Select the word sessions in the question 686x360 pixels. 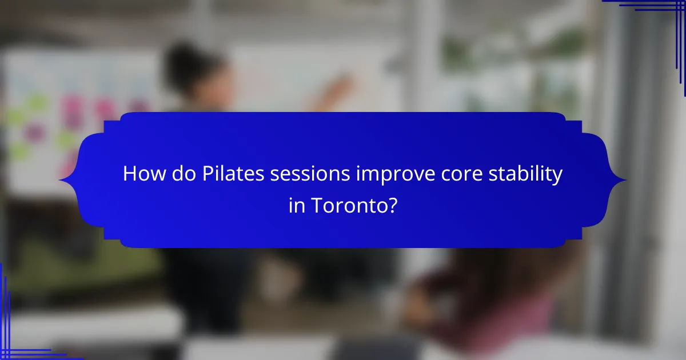coord(312,174)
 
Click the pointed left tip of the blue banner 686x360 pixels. coord(60,181)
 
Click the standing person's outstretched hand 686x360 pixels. coord(343,86)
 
